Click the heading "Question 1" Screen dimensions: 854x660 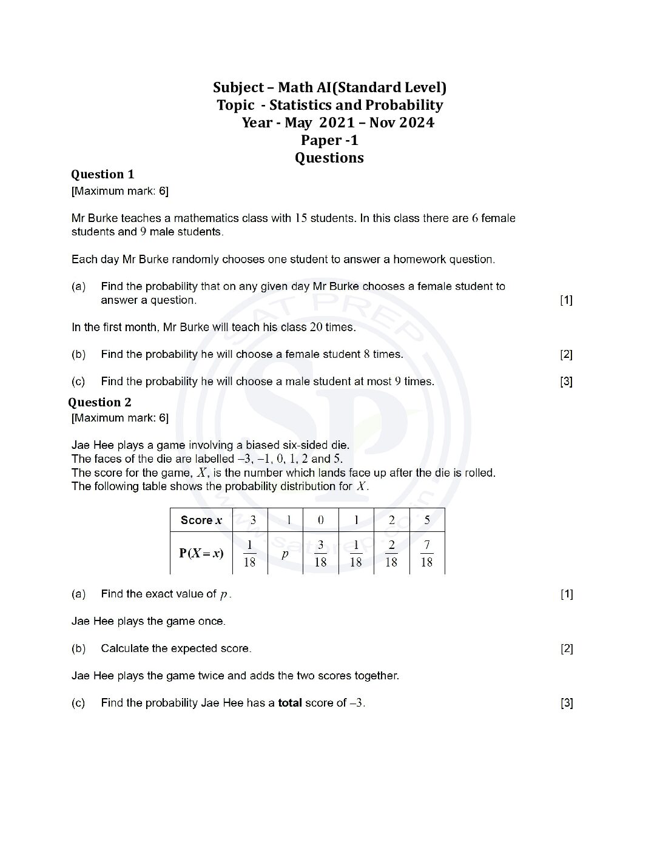(103, 175)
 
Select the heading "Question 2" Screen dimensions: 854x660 (99, 403)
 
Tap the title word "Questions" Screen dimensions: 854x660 (329, 158)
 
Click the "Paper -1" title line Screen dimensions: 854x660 (329, 141)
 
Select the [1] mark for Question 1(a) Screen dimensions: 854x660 (566, 300)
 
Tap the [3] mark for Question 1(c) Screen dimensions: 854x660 (566, 382)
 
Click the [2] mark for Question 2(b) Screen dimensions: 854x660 (566, 649)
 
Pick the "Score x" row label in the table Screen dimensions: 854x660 (201, 520)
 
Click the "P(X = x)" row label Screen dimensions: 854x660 (201, 553)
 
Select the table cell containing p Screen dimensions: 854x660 (285, 553)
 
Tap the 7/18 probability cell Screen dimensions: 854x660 (426, 553)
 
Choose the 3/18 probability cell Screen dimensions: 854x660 (320, 553)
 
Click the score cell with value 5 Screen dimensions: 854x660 (427, 520)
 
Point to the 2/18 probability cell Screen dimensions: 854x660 (391, 553)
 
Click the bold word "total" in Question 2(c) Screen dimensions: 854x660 (290, 704)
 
